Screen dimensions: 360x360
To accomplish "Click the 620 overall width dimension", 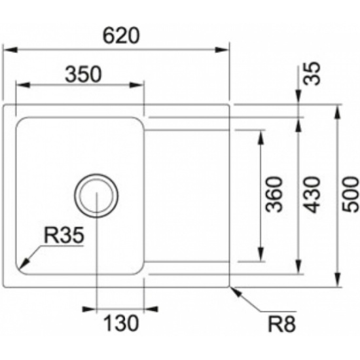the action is tap(121, 36).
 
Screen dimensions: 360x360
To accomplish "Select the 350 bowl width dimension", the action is tap(83, 75).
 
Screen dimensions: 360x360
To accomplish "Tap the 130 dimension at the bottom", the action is tap(121, 323).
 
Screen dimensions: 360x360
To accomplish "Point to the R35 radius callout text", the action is tap(64, 235).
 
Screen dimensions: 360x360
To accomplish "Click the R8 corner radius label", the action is tap(282, 324).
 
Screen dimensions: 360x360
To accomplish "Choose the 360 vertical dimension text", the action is tap(274, 194).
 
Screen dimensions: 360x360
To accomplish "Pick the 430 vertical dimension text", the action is tap(312, 194).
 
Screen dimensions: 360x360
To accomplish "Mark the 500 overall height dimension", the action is tap(350, 194).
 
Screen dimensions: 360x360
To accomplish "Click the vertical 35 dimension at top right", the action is tap(312, 73).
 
